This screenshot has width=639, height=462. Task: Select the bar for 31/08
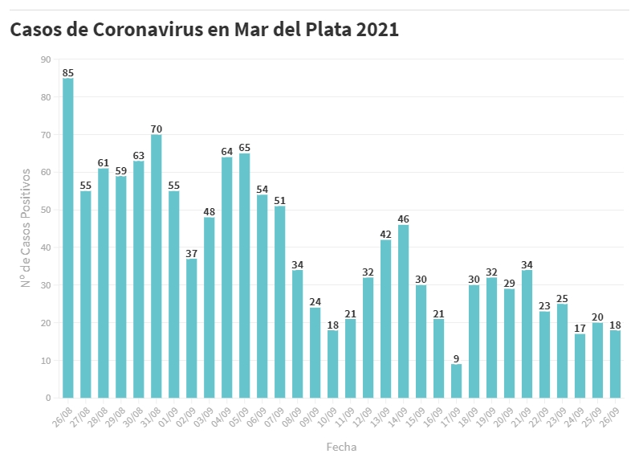point(157,266)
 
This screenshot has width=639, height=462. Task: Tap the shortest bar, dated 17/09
point(457,381)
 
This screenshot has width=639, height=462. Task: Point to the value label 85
point(68,72)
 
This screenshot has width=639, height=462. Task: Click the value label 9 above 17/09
point(457,358)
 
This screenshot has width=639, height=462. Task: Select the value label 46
point(404,219)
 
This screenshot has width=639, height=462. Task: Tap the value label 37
point(192,253)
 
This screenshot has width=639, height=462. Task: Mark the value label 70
point(157,129)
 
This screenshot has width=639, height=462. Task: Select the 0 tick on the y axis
point(48,398)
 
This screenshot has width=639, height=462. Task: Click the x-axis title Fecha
point(341,447)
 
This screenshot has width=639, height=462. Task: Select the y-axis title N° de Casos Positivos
point(26,228)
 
